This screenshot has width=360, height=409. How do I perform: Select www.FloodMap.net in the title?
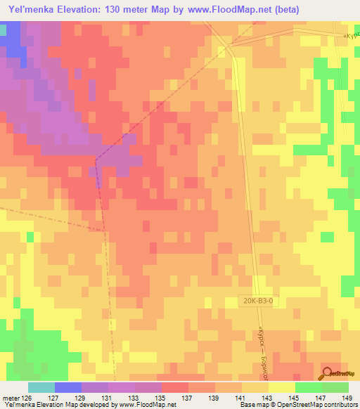pyautogui.click(x=222, y=10)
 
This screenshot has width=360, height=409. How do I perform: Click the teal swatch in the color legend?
pyautogui.click(x=41, y=387)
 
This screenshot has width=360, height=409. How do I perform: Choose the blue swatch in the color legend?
pyautogui.click(x=67, y=387)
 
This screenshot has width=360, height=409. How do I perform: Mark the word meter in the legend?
pyautogui.click(x=9, y=397)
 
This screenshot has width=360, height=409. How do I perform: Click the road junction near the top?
pyautogui.click(x=227, y=47)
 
